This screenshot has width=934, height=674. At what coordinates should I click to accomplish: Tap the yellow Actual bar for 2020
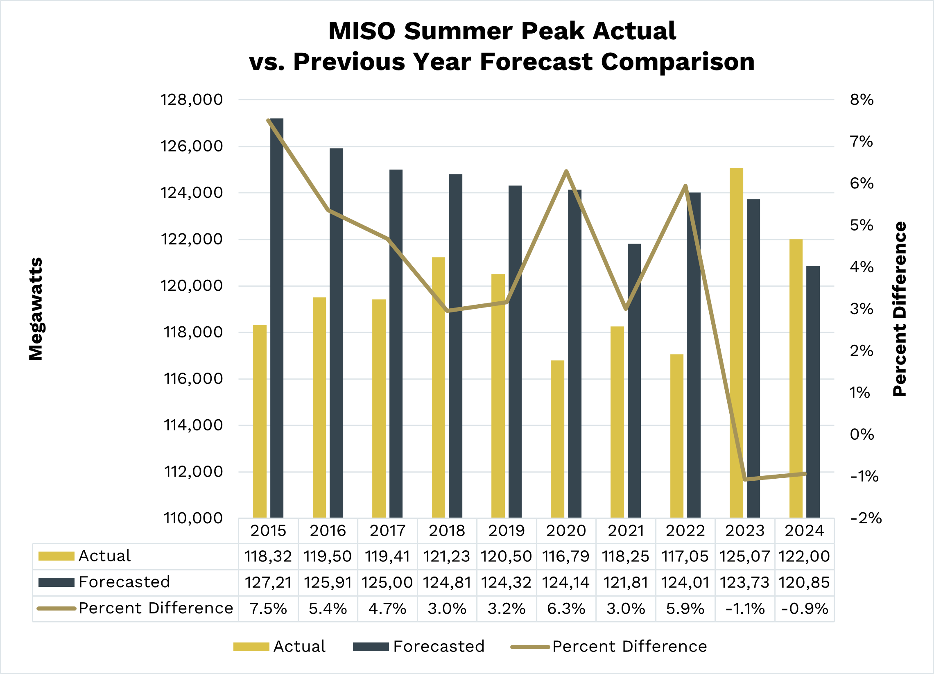click(558, 439)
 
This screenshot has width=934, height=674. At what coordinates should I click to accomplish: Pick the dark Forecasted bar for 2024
click(813, 391)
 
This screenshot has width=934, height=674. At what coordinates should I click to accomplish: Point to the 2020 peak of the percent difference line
click(566, 171)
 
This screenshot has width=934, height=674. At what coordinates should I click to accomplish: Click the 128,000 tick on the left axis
click(191, 100)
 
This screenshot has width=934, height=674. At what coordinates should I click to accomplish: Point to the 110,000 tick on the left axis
click(193, 518)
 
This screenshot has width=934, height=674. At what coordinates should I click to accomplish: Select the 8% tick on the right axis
click(862, 100)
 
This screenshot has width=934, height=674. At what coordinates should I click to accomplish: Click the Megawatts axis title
click(36, 309)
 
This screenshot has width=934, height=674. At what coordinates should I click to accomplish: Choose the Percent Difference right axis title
click(900, 309)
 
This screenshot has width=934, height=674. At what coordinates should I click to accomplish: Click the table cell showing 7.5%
click(268, 608)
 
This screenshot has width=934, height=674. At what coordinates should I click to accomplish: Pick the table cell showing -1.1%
click(745, 608)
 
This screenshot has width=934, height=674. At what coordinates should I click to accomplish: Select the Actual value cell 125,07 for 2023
click(745, 556)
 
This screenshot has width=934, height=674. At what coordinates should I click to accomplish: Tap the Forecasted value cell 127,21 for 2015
click(268, 583)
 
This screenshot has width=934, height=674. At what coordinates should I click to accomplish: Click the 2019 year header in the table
click(507, 531)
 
